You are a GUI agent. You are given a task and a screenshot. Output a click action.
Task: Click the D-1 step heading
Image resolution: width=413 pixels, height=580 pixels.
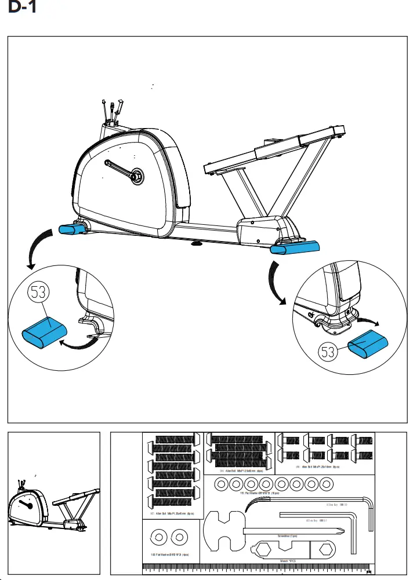pyautogui.click(x=23, y=10)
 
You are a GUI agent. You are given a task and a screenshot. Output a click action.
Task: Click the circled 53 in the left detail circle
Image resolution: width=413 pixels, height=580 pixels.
pyautogui.click(x=38, y=293)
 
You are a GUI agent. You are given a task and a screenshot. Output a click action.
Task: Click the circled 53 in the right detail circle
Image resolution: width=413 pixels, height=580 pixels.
pyautogui.click(x=328, y=352)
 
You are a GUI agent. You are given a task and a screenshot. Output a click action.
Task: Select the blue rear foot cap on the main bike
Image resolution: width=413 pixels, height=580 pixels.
pyautogui.click(x=295, y=247)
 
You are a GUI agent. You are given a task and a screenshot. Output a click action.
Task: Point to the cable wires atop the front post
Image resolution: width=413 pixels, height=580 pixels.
pyautogui.click(x=111, y=110)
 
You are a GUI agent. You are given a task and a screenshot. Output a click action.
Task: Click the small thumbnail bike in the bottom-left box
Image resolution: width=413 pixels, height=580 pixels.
pyautogui.click(x=49, y=505)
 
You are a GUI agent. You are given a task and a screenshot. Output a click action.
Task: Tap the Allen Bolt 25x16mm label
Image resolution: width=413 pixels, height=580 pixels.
pyautogui.click(x=317, y=466)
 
